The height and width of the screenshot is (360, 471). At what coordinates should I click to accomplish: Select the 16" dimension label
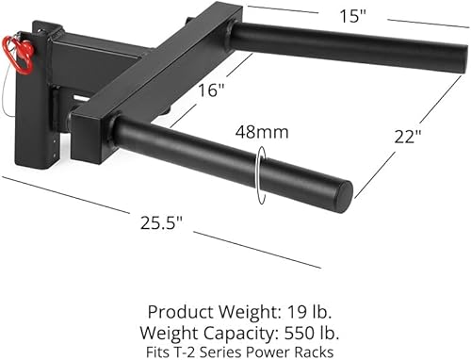213,90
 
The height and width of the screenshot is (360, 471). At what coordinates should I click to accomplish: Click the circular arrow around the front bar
256,175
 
